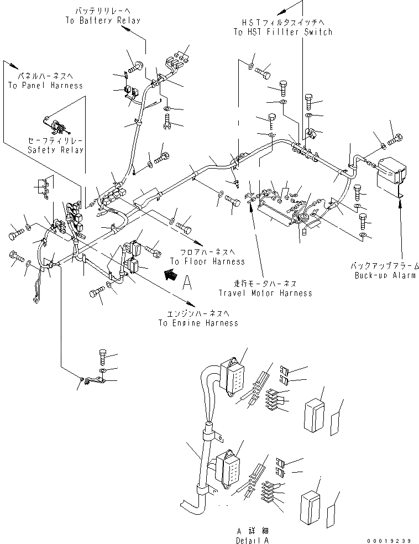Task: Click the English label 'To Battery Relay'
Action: [x=102, y=20]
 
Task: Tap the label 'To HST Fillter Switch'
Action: [x=283, y=32]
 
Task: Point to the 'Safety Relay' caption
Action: [x=56, y=150]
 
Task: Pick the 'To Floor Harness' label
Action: [x=207, y=261]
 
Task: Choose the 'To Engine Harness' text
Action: [x=198, y=323]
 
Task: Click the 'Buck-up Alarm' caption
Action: [x=385, y=275]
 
